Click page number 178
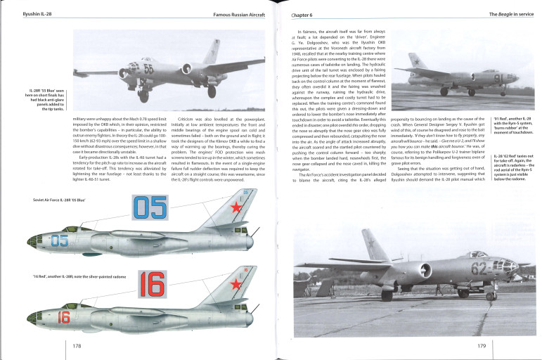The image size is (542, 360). (77, 345)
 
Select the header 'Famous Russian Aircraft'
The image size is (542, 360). (230, 15)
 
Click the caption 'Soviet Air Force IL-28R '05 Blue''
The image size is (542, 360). (46, 201)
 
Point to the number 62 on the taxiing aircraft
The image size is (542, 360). (480, 268)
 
